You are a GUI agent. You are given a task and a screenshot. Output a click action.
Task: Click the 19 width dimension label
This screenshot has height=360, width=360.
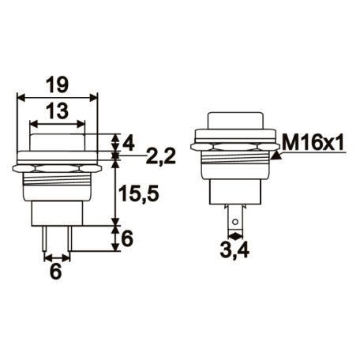tap(57, 84)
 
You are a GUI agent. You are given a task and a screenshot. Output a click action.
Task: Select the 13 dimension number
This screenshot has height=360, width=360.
tap(57, 111)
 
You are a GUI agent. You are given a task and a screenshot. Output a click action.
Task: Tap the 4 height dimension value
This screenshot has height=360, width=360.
tap(129, 144)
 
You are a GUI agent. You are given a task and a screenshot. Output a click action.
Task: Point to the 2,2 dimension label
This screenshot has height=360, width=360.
tap(160, 156)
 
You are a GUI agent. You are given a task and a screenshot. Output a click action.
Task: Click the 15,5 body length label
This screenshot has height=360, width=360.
tap(139, 194)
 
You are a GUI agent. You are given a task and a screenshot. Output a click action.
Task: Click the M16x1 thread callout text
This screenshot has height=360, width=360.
tap(313, 143)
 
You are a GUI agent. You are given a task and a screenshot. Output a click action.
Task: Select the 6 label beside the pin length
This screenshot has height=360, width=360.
tap(128, 239)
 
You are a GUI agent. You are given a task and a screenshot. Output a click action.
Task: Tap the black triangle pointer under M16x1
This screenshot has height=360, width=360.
tap(276, 156)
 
